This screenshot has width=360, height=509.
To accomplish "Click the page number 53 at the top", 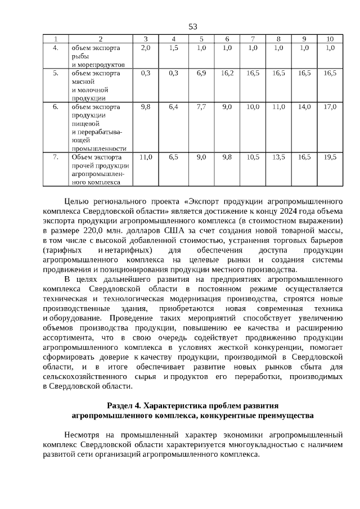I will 193,26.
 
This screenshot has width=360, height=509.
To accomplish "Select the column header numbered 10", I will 330,39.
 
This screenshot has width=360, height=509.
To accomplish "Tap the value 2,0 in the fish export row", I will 145,48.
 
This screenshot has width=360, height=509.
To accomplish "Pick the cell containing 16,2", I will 227,73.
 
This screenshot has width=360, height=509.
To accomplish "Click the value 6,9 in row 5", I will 201,73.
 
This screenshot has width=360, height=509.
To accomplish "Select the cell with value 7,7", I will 201,106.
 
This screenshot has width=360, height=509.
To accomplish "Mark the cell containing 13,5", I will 278,157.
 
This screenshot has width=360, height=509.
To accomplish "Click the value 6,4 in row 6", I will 173,106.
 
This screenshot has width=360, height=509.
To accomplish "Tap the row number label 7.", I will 56,157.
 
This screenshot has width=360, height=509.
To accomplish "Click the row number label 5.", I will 56,73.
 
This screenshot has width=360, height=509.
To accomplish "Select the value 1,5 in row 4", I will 173,48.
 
